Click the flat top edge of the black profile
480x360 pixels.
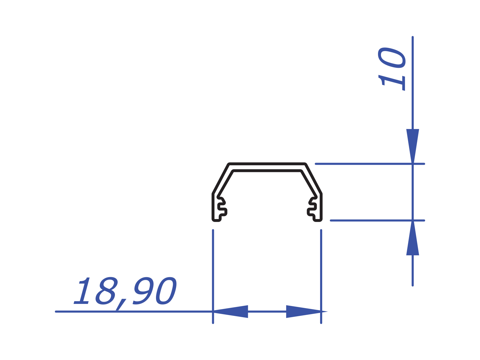click(x=267, y=164)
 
